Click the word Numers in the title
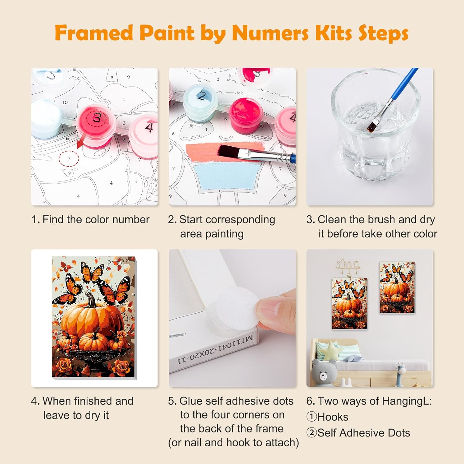(270, 33)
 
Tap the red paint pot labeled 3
(97, 125)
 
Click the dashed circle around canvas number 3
(69, 159)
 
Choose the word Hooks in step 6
(333, 417)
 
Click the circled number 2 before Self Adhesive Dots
(311, 433)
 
